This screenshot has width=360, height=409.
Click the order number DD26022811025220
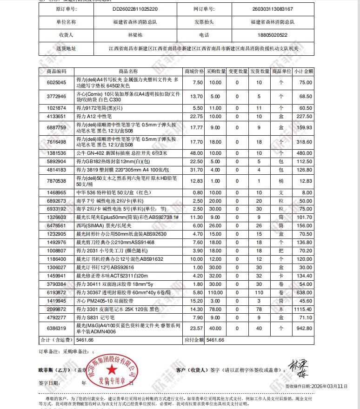click(135, 9)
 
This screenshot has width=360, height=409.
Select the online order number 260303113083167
click(272, 9)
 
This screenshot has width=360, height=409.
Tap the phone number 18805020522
click(272, 35)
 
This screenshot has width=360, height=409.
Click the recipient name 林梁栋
click(135, 35)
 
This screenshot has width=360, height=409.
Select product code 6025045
click(57, 82)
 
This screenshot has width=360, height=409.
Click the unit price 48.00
click(197, 153)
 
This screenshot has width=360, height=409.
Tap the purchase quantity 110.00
click(215, 292)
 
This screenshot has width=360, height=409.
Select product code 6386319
click(57, 328)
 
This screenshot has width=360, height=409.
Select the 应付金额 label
click(195, 340)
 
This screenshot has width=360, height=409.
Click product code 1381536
click(57, 153)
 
